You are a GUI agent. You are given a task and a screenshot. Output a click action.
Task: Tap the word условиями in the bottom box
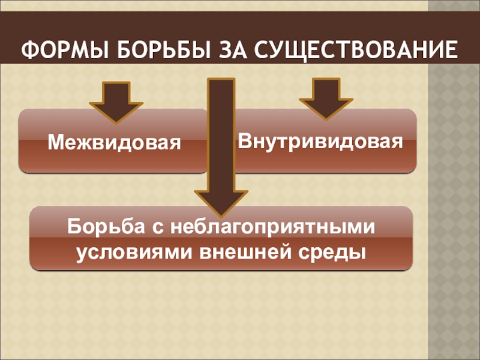tap(129, 251)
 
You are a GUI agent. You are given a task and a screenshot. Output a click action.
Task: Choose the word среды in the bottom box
tap(332, 251)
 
